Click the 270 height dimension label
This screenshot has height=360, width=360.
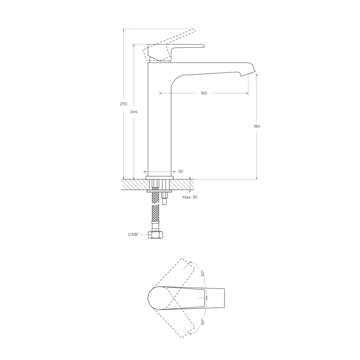click(123, 104)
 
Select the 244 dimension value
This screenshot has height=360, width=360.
click(134, 112)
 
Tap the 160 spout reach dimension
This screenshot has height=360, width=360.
click(204, 93)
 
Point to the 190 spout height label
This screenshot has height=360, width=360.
click(256, 126)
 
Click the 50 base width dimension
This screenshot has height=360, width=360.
click(181, 171)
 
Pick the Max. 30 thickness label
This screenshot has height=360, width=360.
click(190, 197)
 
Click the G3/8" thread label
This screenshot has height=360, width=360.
click(134, 234)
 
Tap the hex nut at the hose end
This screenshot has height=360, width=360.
click(156, 235)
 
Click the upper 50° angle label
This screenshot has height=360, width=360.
click(202, 273)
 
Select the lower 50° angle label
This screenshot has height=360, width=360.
click(202, 322)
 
